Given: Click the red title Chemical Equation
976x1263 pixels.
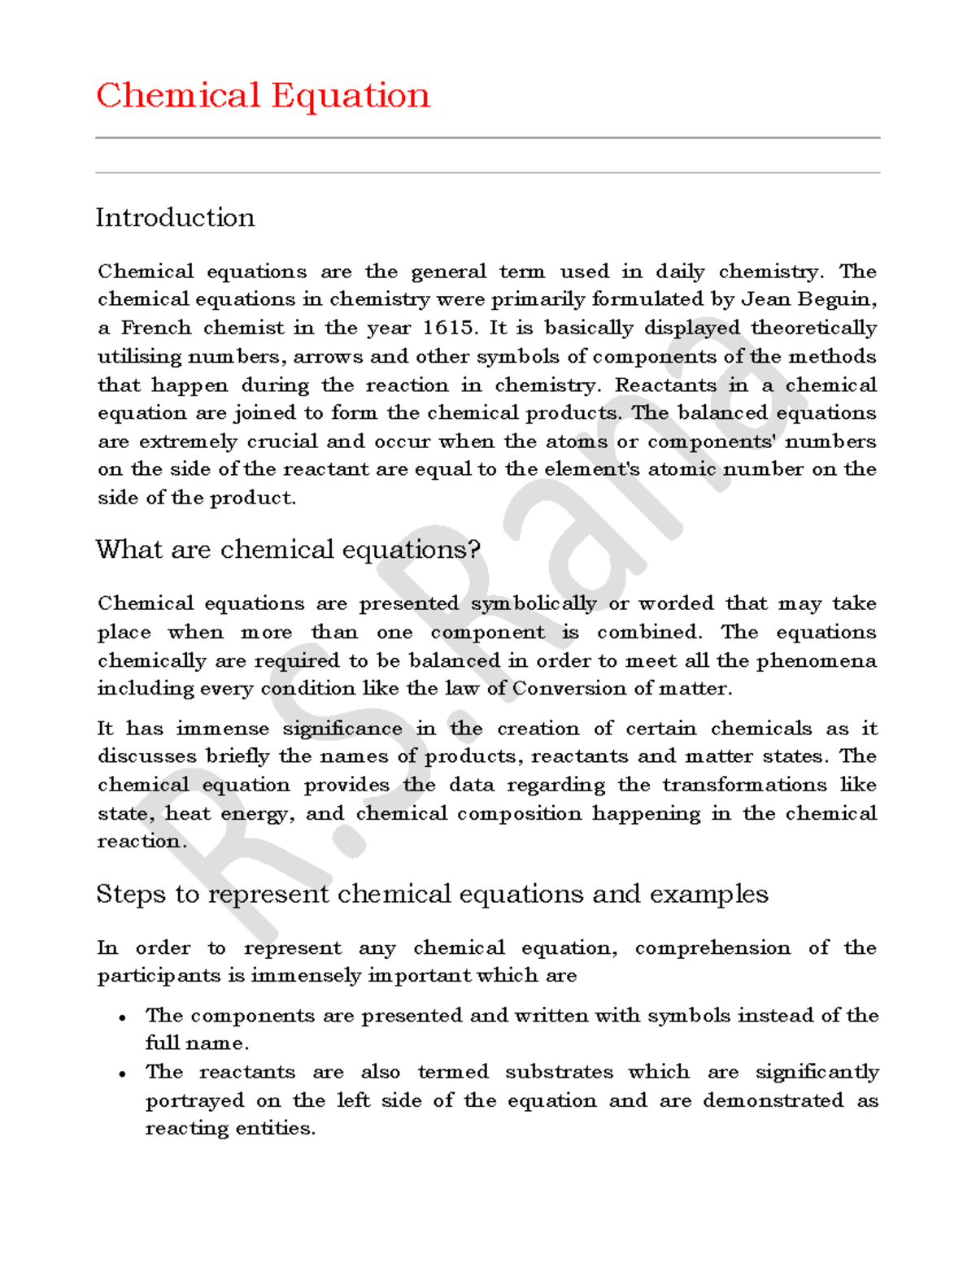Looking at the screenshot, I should coord(263,96).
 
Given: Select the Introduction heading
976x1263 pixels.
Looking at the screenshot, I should coord(175,218).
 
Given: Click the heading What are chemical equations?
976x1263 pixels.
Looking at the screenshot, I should coord(288,550).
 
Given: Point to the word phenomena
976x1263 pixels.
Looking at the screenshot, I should coord(817,661).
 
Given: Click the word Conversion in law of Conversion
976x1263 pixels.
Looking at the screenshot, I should coord(569,689).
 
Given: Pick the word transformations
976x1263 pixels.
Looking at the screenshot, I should coord(743,785).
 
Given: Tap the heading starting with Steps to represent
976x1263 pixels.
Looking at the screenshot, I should coord(432,895).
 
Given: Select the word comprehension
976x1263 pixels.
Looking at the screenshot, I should coord(712,948).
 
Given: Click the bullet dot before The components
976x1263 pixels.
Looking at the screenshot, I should coord(122,1017).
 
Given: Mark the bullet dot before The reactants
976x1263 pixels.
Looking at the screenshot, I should coord(122,1074).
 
